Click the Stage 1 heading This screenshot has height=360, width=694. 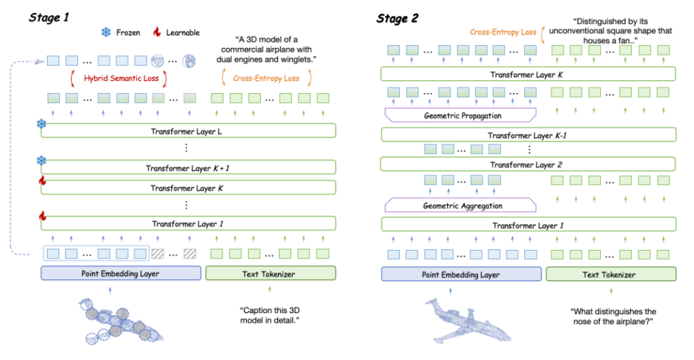click(49, 17)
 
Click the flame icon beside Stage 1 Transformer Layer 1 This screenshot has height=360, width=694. click(42, 215)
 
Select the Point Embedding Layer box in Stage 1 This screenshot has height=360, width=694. click(121, 274)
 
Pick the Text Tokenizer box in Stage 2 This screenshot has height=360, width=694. click(609, 274)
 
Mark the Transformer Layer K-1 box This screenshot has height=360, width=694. click(528, 135)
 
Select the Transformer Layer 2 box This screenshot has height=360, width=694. click(528, 165)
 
